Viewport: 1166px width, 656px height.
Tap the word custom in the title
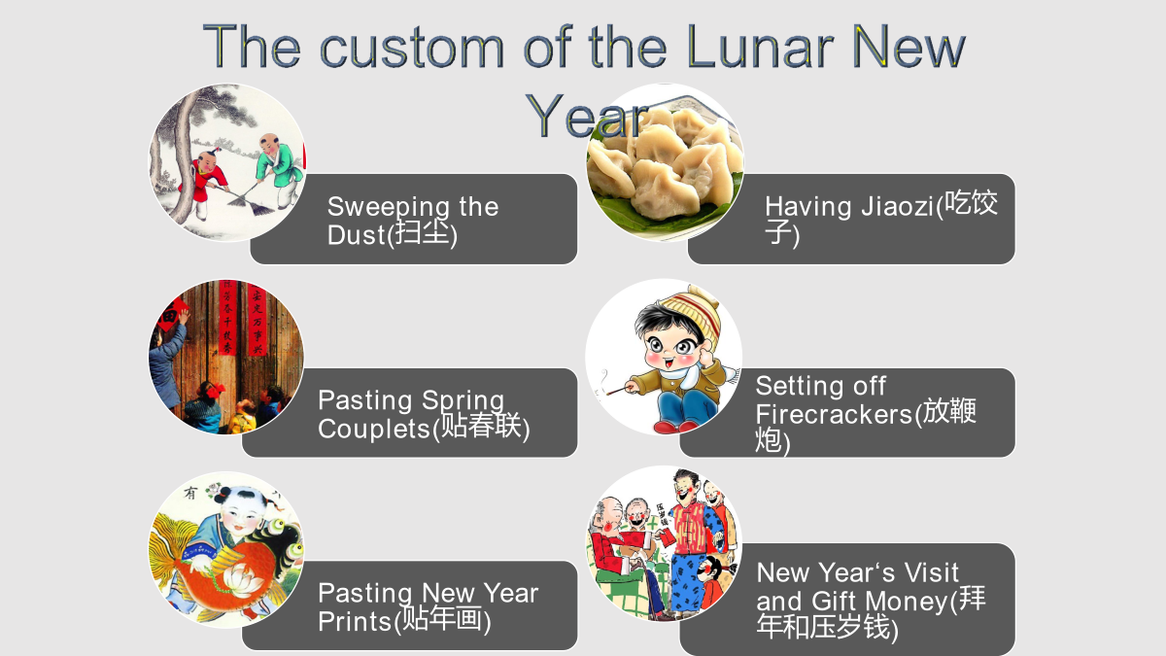(x=412, y=48)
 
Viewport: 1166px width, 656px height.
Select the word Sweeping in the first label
(x=387, y=208)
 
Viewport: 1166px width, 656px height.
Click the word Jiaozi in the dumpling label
(x=898, y=207)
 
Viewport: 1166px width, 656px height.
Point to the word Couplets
(x=375, y=430)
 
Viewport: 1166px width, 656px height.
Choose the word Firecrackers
(x=835, y=415)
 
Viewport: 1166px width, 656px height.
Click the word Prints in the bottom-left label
(x=355, y=622)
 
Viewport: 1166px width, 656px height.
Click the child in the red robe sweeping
(x=206, y=180)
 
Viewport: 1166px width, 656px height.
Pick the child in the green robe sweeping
(x=278, y=169)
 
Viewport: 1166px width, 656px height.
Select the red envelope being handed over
(x=666, y=536)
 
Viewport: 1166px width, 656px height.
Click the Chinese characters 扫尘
(x=422, y=232)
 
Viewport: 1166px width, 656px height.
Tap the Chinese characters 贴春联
(x=481, y=426)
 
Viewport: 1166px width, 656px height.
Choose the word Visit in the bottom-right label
(x=931, y=572)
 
